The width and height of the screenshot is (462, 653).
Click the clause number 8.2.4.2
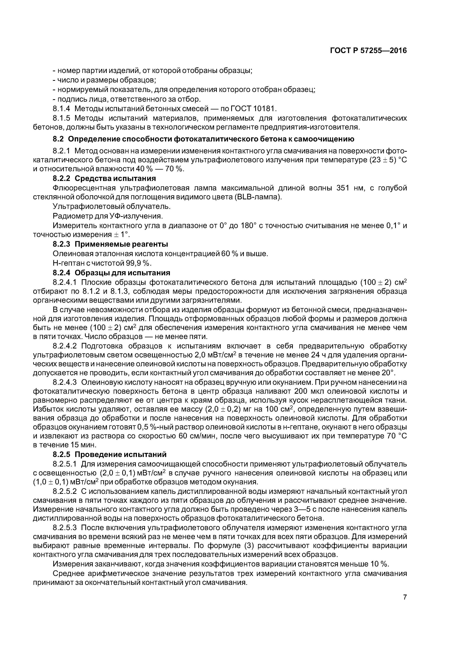[65, 346]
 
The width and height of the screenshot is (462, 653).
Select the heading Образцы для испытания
[122, 273]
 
